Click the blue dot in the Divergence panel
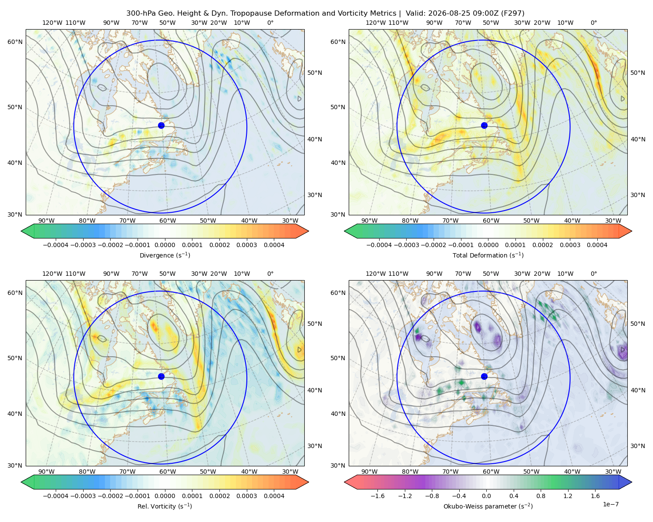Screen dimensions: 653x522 coord(161,125)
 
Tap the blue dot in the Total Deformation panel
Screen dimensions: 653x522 coord(484,125)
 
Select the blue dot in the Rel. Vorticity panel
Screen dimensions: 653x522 coord(161,376)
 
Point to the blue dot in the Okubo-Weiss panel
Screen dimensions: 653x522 coord(484,376)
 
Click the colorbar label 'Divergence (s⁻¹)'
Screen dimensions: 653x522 coord(165,255)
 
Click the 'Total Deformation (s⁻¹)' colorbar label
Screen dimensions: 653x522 coord(488,255)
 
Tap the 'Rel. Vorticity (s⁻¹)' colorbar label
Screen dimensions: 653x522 coord(165,506)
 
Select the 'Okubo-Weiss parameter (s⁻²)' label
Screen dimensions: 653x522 coord(488,506)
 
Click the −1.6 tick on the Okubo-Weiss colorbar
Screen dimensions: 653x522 coord(377,496)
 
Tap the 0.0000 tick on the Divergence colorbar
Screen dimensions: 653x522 coord(165,245)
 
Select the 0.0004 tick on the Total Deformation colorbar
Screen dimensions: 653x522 coord(597,245)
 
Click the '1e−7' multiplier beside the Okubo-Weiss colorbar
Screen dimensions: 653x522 coord(610,504)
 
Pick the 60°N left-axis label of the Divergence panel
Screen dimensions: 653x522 coord(15,42)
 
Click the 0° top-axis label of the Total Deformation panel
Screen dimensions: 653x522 coord(593,23)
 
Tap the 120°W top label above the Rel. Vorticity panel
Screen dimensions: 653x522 coord(52,274)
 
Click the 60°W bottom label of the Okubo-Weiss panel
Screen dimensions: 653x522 coord(491,472)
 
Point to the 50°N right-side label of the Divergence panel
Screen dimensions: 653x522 coord(315,73)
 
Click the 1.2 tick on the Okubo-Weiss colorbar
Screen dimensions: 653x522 coord(568,496)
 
